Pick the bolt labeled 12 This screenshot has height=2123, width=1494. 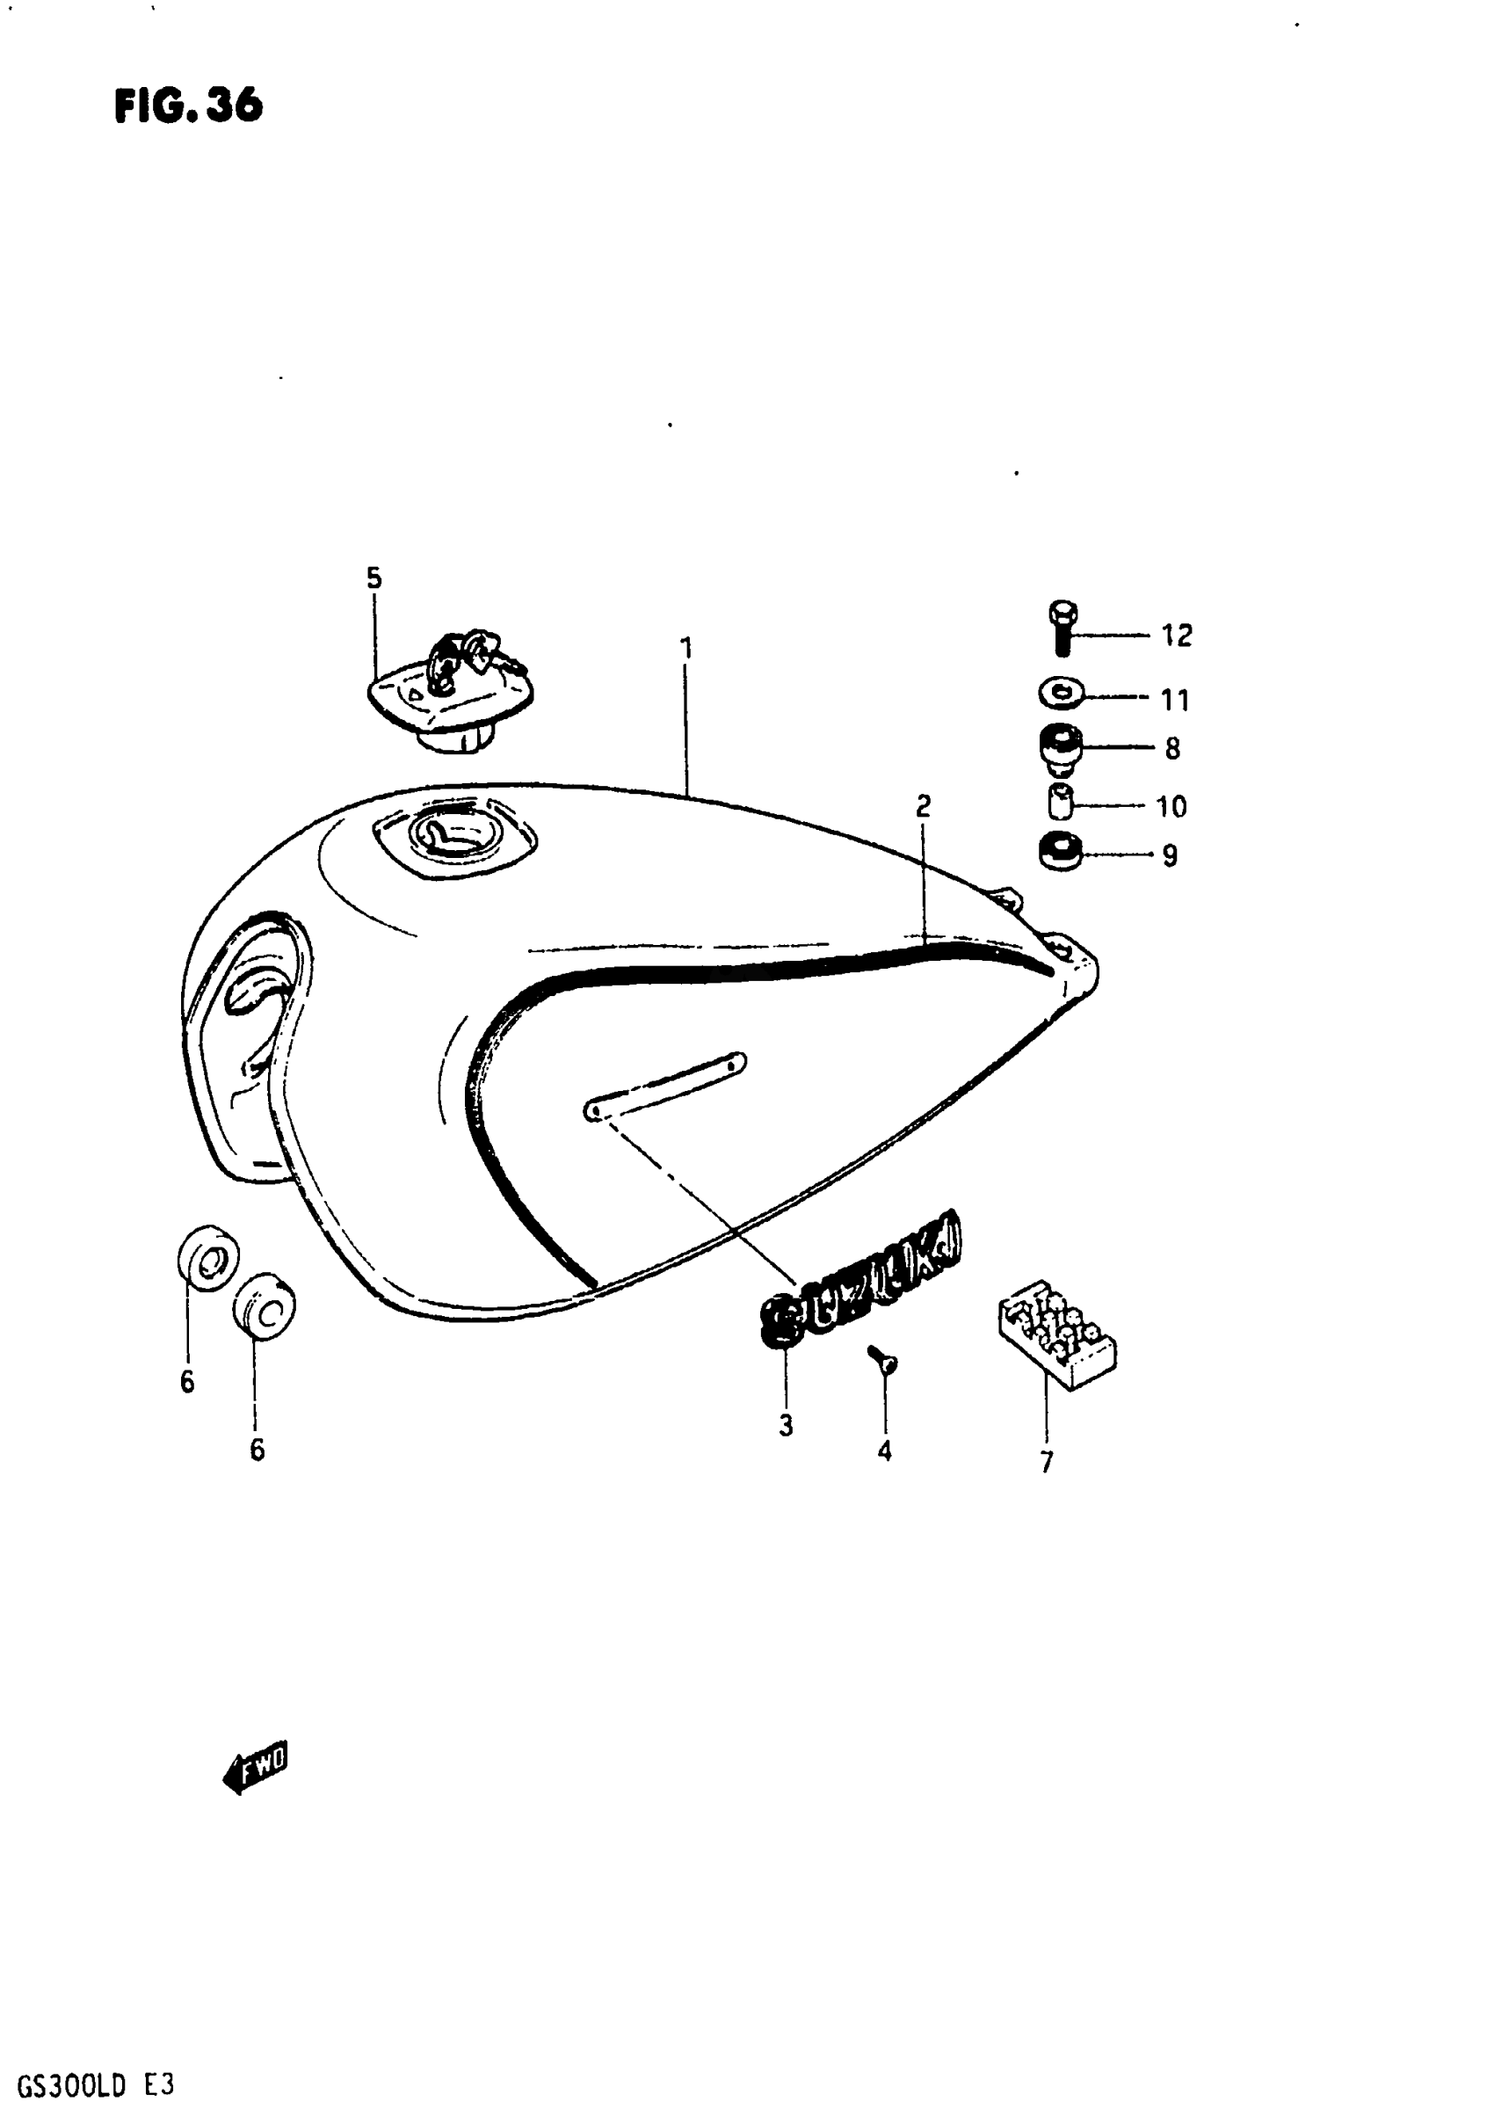point(1063,628)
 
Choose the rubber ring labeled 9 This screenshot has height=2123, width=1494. point(1061,853)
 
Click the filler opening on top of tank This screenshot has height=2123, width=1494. point(455,834)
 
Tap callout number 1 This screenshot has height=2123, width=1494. point(686,648)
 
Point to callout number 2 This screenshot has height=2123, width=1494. point(923,806)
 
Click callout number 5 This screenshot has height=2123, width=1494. point(373,578)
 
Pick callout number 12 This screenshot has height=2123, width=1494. point(1176,636)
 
